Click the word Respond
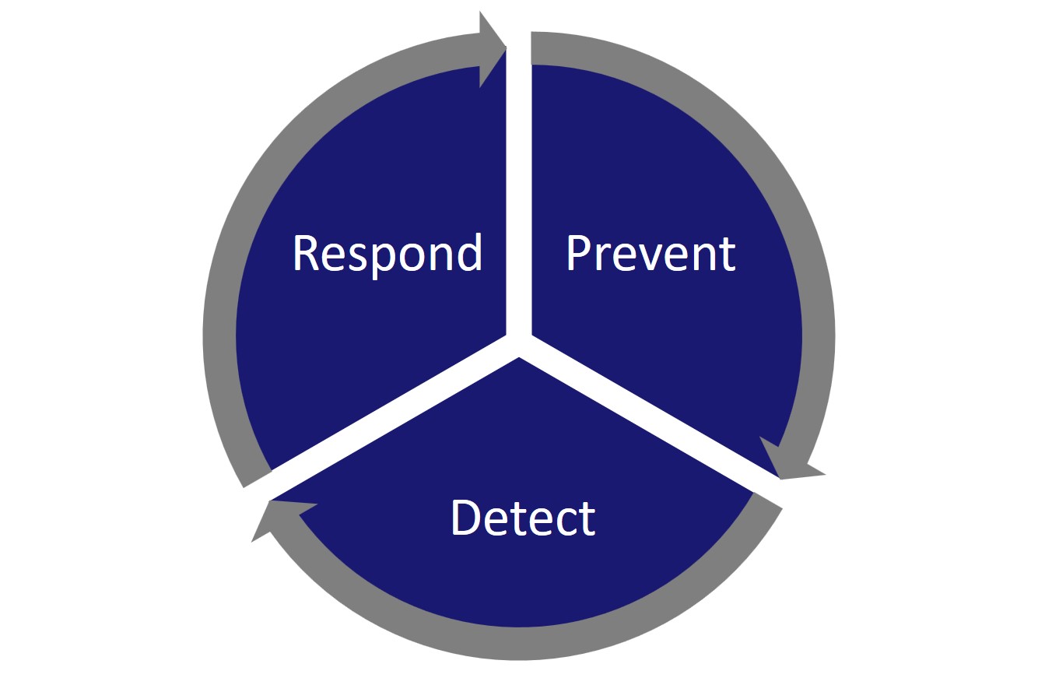[387, 254]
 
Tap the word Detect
[524, 518]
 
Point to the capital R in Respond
[307, 254]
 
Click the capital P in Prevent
[578, 254]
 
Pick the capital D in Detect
[465, 518]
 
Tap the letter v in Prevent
[651, 258]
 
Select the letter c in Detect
[566, 522]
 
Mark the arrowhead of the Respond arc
[490, 48]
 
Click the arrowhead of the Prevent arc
[786, 462]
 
